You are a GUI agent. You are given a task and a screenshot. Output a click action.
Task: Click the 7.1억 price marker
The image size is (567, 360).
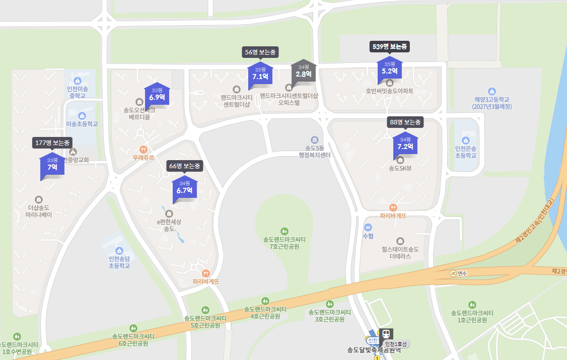pyautogui.click(x=260, y=74)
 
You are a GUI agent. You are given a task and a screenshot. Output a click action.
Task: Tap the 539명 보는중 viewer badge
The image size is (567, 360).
pyautogui.click(x=390, y=47)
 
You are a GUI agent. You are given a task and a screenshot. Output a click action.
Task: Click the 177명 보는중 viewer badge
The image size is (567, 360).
pyautogui.click(x=52, y=142)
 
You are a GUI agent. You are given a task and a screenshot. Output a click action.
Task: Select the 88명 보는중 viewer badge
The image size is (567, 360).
pyautogui.click(x=405, y=122)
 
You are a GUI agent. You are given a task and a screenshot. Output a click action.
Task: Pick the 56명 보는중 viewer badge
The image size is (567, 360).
pyautogui.click(x=260, y=52)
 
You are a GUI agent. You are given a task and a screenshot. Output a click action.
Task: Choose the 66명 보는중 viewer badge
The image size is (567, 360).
pyautogui.click(x=185, y=166)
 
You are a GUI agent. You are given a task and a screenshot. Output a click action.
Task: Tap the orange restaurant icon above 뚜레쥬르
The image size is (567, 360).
pyautogui.click(x=144, y=149)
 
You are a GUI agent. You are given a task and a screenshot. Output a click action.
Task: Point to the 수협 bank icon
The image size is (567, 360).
pyautogui.click(x=368, y=227)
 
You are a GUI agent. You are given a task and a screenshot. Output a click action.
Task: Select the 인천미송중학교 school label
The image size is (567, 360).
pyautogui.click(x=77, y=92)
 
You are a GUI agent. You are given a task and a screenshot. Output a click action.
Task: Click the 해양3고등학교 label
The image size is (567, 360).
pyautogui.click(x=492, y=103)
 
